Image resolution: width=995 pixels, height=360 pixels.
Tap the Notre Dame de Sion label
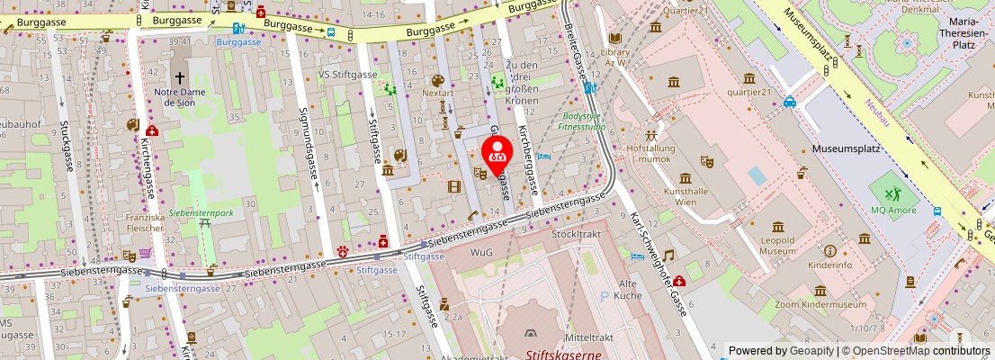coord(180,97)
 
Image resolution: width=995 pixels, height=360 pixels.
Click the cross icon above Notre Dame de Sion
coord(180,77)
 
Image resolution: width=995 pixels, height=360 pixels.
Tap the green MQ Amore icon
coord(889,193)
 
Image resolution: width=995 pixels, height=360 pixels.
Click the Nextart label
coord(437,93)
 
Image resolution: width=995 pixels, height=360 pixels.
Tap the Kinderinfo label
coord(830,265)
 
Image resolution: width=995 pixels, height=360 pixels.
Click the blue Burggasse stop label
coord(238,41)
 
